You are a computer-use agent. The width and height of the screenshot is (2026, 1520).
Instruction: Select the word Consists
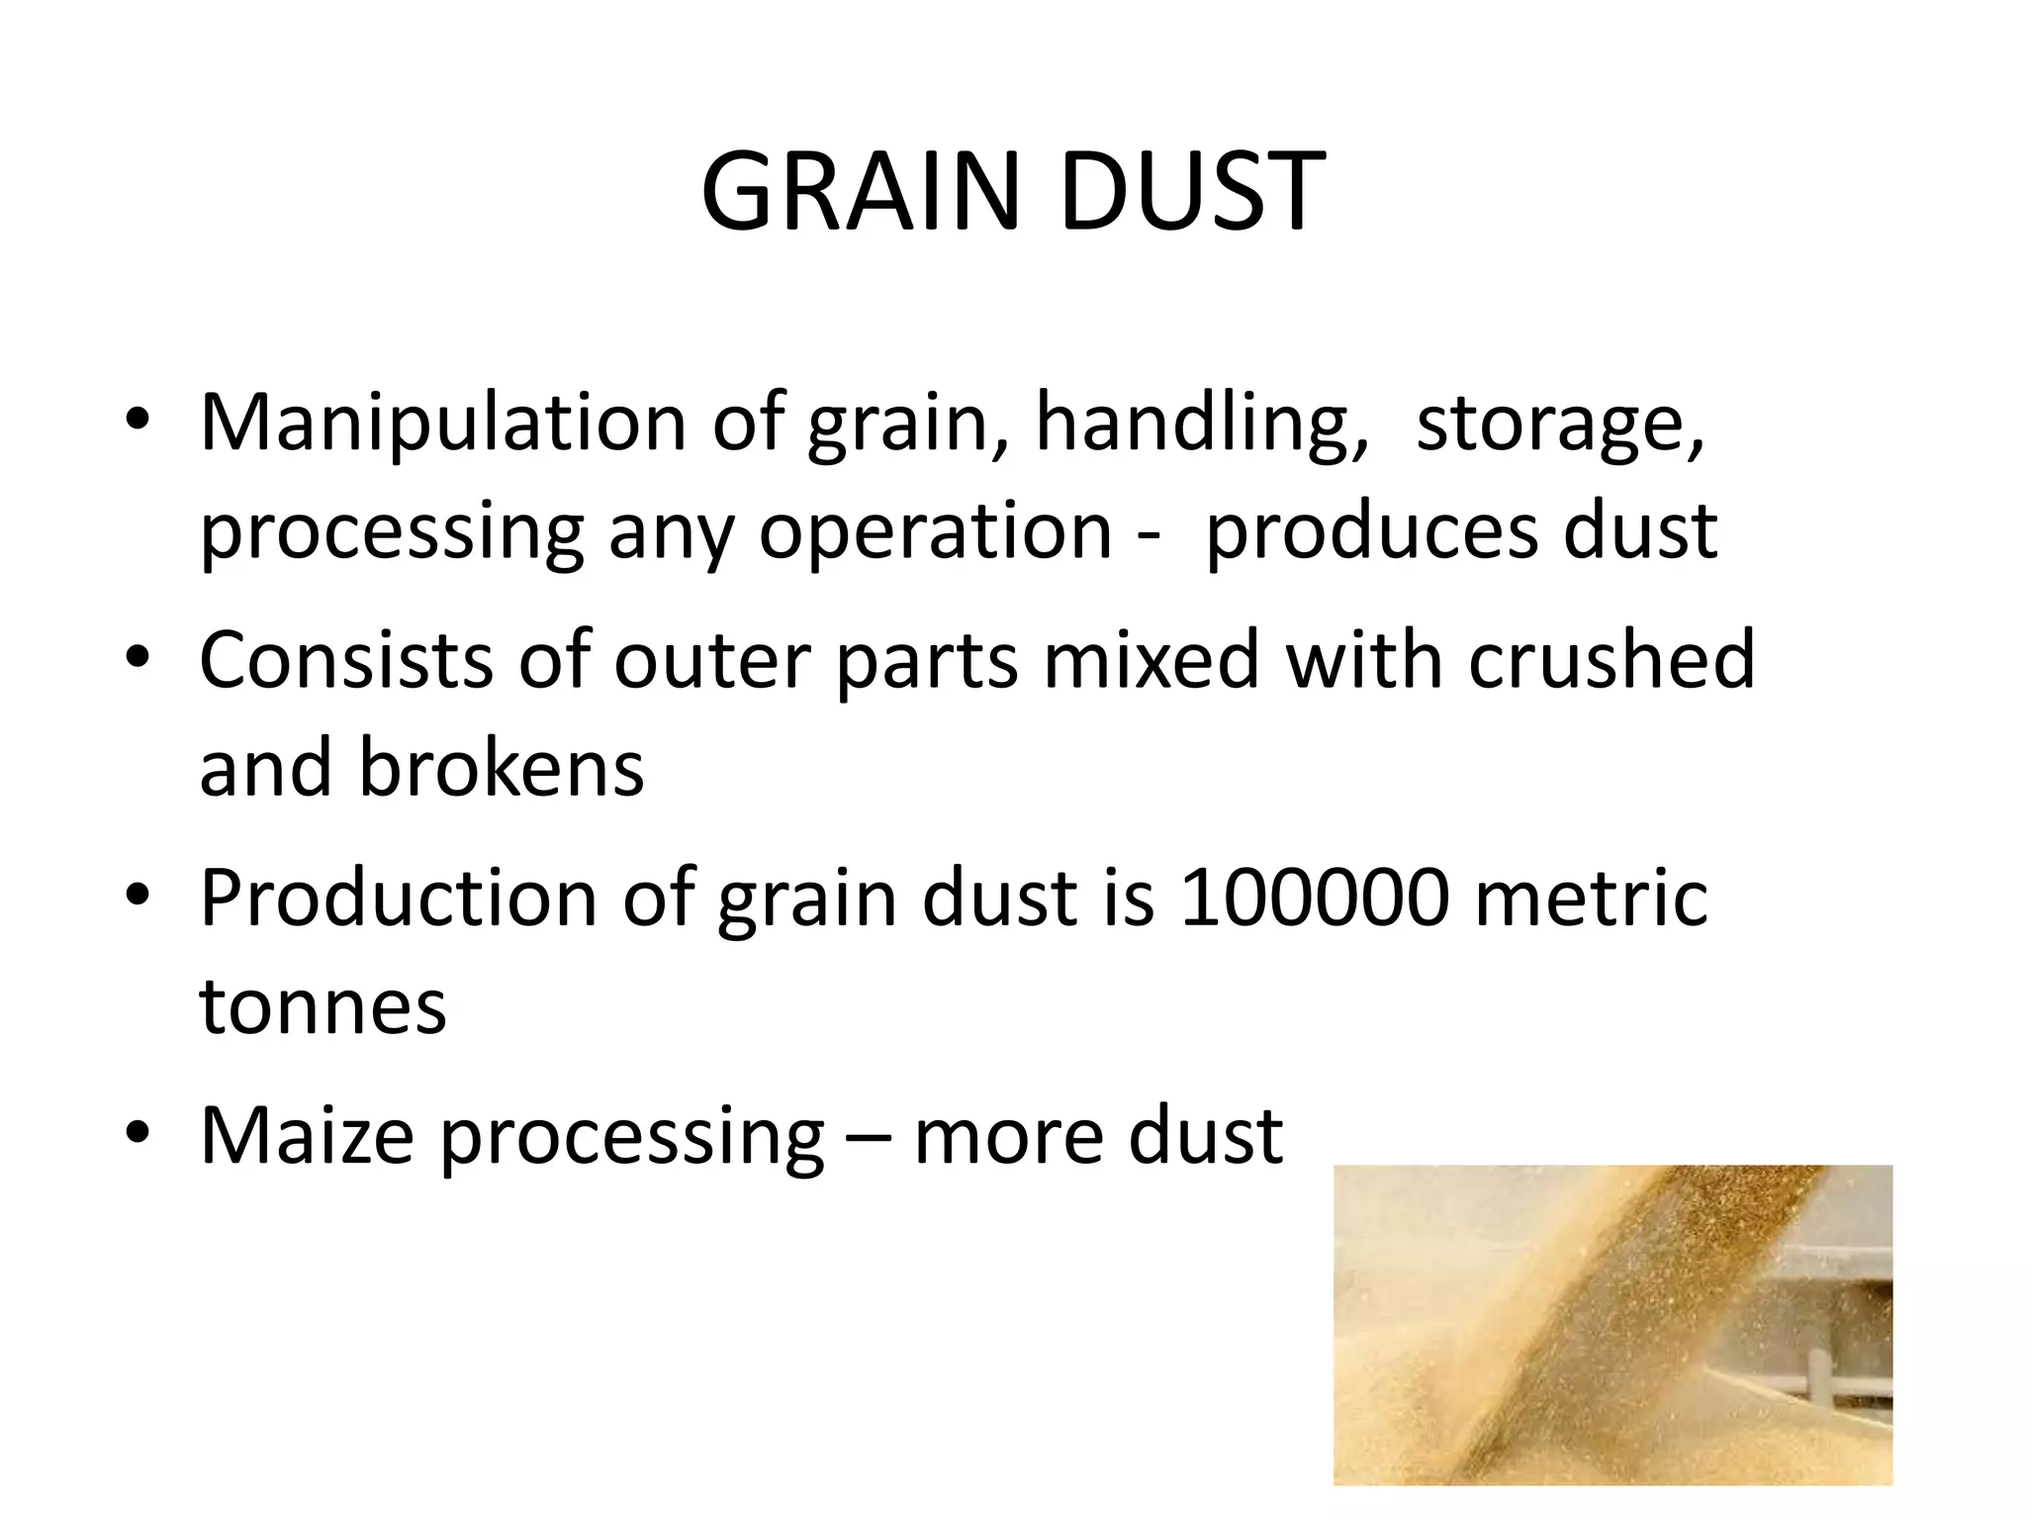click(345, 661)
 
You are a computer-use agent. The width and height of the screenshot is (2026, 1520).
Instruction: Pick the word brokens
click(501, 769)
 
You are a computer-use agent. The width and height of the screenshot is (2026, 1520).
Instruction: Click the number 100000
click(1315, 899)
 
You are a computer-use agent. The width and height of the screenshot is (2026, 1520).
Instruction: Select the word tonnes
click(322, 1007)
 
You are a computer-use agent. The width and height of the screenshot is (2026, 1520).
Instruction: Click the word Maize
click(307, 1137)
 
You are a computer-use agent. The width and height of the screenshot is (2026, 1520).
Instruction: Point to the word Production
click(399, 899)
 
